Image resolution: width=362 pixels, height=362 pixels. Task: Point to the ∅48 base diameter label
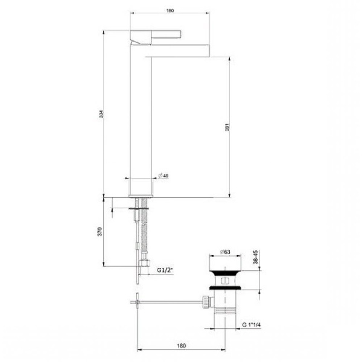point(163,176)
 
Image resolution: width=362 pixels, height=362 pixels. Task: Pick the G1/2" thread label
point(165,270)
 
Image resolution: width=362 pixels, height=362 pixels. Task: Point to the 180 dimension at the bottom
point(181,346)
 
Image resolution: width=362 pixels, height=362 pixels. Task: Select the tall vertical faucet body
point(142,121)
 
